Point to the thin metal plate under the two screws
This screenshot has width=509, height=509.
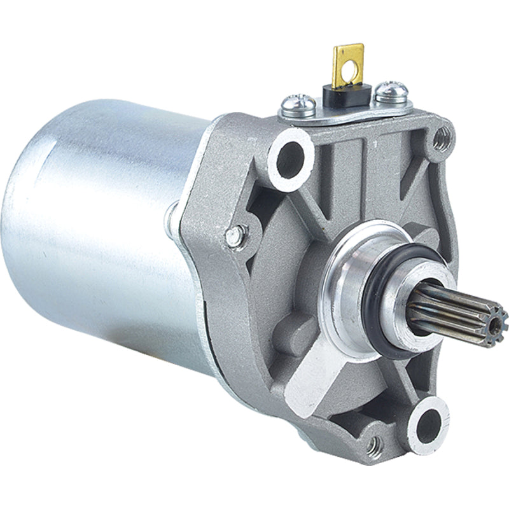pyautogui.click(x=344, y=110)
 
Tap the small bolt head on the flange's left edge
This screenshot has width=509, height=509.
pyautogui.click(x=235, y=236)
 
